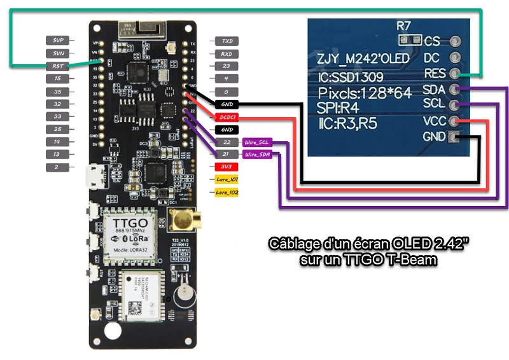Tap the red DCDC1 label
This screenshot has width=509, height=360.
[x=226, y=116]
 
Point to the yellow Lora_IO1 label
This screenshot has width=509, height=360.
[x=226, y=180]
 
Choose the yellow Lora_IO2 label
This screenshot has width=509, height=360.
[x=226, y=192]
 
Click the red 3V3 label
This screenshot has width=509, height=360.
[x=226, y=167]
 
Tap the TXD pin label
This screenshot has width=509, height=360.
[x=226, y=40]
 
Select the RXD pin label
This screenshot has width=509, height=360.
[x=226, y=53]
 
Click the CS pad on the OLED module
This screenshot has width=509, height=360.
[x=455, y=42]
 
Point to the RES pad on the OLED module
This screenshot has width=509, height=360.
[x=455, y=74]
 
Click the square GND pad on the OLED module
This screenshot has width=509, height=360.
[x=454, y=137]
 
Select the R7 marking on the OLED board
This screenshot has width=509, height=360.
[x=405, y=27]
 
